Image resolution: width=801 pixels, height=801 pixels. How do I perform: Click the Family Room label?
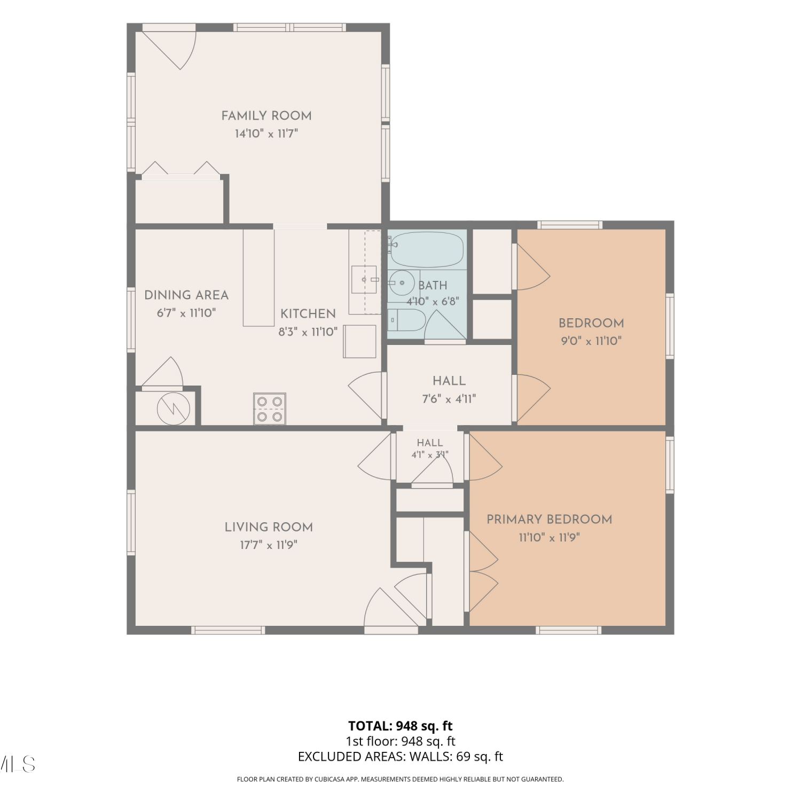pos(266,115)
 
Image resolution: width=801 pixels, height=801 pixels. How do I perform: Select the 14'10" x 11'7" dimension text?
pos(266,133)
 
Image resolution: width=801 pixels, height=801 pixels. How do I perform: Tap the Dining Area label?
pos(186,295)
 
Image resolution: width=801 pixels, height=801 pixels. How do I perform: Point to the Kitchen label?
pos(308,313)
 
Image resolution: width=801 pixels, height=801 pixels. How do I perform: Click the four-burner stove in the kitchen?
pos(270,409)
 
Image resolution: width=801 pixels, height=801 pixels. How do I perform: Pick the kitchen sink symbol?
pos(364,279)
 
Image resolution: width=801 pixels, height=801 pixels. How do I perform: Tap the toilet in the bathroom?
pos(406,320)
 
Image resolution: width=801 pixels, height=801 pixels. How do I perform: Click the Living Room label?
pos(269,527)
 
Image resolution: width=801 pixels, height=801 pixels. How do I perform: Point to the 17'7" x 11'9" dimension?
pos(269,545)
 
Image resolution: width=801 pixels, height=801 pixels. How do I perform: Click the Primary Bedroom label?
pos(549,519)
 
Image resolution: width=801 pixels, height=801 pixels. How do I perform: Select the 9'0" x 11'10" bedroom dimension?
pos(591,341)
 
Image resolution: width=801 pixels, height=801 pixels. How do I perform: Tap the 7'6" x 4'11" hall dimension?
pos(449,399)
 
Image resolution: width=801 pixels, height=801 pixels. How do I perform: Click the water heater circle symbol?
pos(174,409)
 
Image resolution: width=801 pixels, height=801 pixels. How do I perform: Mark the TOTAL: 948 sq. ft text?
pos(400,726)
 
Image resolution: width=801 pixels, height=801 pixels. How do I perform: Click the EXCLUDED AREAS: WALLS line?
pos(400,757)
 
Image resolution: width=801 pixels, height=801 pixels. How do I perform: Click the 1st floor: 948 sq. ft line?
pos(400,741)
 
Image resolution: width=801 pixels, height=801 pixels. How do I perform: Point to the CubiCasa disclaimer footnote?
pos(400,780)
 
